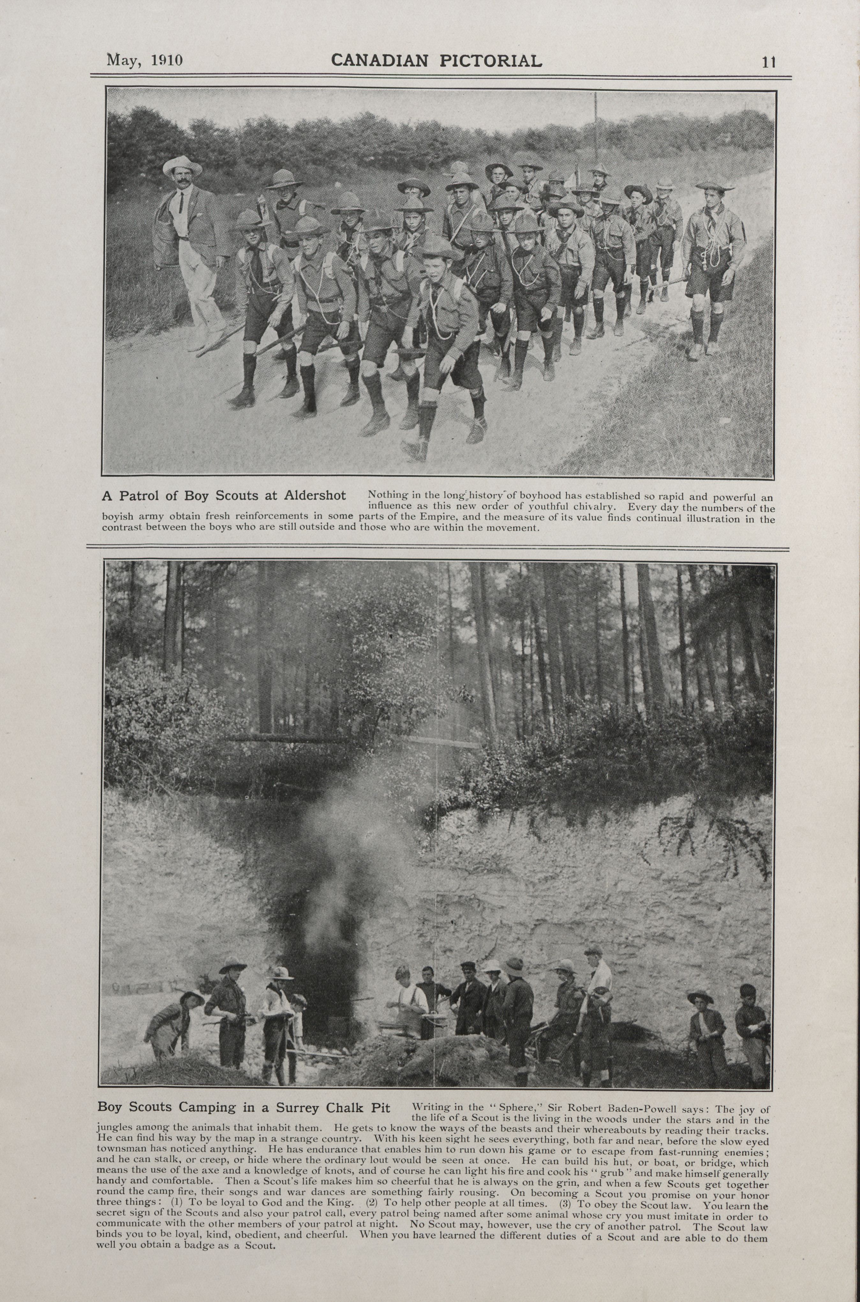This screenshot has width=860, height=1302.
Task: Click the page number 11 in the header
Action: [768, 62]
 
